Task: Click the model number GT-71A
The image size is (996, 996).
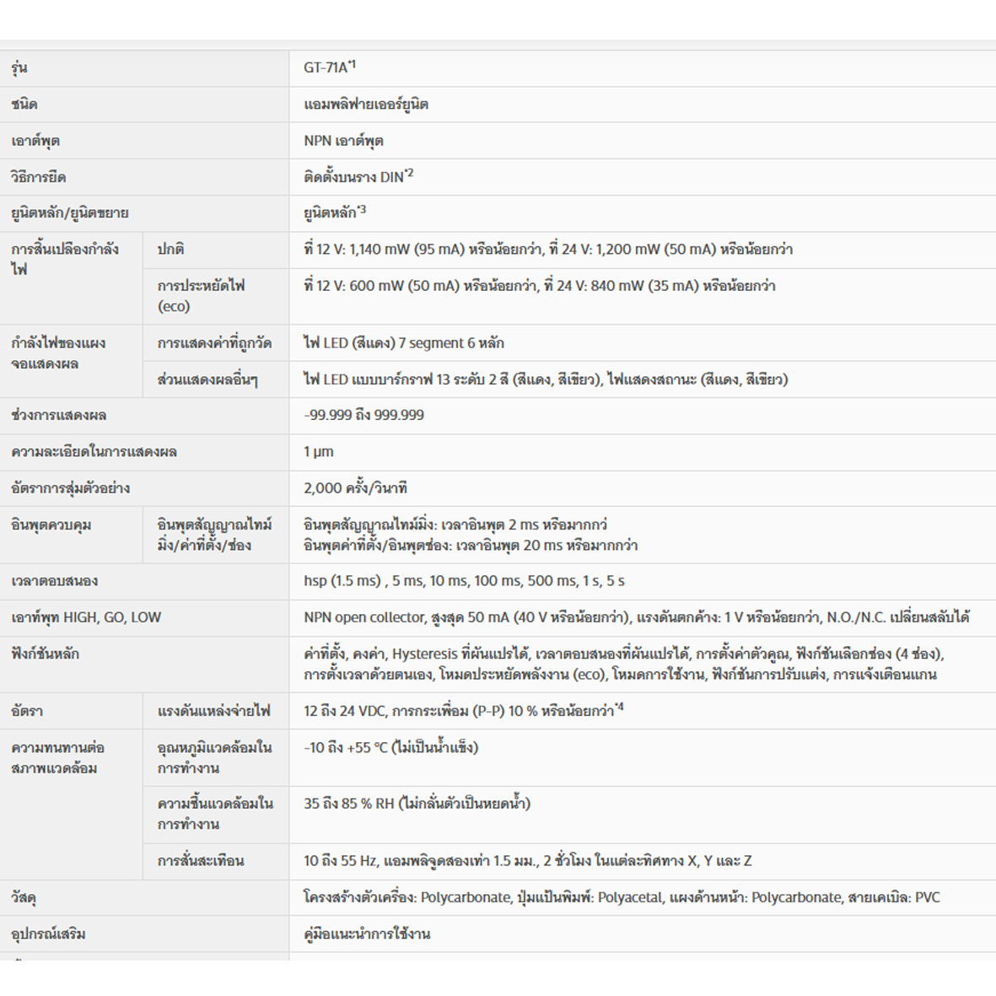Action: pyautogui.click(x=326, y=68)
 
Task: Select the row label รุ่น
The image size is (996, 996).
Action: pyautogui.click(x=19, y=68)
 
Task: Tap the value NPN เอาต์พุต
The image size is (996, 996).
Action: pyautogui.click(x=343, y=141)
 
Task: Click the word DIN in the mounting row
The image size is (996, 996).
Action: pyautogui.click(x=391, y=177)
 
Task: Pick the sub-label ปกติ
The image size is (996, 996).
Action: pyautogui.click(x=170, y=250)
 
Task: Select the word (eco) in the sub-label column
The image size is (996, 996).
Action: pyautogui.click(x=174, y=306)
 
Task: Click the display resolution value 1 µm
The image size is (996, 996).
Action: pyautogui.click(x=319, y=452)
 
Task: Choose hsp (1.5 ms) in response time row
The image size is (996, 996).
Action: pyautogui.click(x=342, y=581)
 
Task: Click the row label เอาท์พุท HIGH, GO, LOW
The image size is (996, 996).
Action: pyautogui.click(x=86, y=617)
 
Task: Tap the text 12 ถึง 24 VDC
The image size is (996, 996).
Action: pyautogui.click(x=343, y=711)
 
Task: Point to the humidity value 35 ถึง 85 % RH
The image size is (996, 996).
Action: pyautogui.click(x=349, y=804)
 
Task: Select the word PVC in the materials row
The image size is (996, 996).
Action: pyautogui.click(x=927, y=897)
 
